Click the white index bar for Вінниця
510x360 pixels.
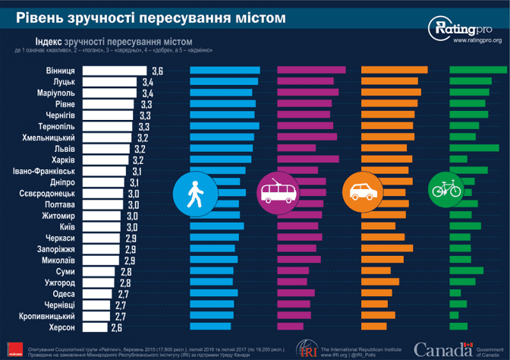[114, 70]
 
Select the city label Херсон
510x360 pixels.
[60, 327]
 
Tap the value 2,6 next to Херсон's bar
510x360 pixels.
[117, 327]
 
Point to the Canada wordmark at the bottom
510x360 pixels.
[442, 350]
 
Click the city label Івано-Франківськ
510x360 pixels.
[44, 172]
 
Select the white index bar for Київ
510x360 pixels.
[103, 227]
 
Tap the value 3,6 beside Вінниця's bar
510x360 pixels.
[157, 70]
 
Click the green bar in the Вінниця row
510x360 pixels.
[477, 70]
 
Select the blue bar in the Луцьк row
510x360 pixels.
[224, 81]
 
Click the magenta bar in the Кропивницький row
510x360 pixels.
[293, 316]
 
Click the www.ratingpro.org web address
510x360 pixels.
[476, 39]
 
